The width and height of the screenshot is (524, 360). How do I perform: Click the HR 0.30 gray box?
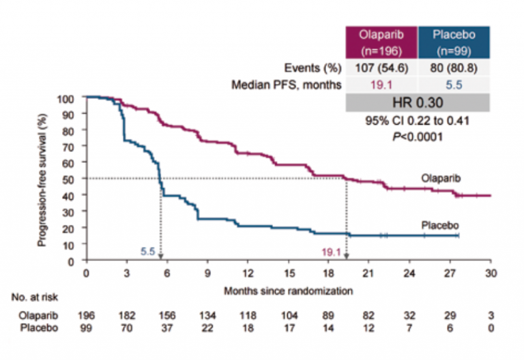(x=416, y=102)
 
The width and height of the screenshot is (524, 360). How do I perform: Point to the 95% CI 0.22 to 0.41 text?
(x=416, y=121)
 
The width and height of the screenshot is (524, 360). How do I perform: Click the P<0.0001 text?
(x=416, y=136)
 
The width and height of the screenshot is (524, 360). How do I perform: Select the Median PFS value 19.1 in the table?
(x=381, y=84)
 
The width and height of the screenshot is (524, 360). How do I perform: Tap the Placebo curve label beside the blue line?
(x=439, y=225)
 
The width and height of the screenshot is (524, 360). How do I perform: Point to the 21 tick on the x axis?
(x=368, y=273)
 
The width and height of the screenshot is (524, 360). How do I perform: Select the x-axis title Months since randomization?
(x=289, y=290)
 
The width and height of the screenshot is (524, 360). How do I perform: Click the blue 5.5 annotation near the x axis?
(x=147, y=252)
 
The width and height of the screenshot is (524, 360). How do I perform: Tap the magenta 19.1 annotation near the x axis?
(x=332, y=252)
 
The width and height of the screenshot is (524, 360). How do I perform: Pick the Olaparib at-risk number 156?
(x=167, y=316)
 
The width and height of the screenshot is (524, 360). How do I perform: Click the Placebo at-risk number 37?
(x=167, y=327)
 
